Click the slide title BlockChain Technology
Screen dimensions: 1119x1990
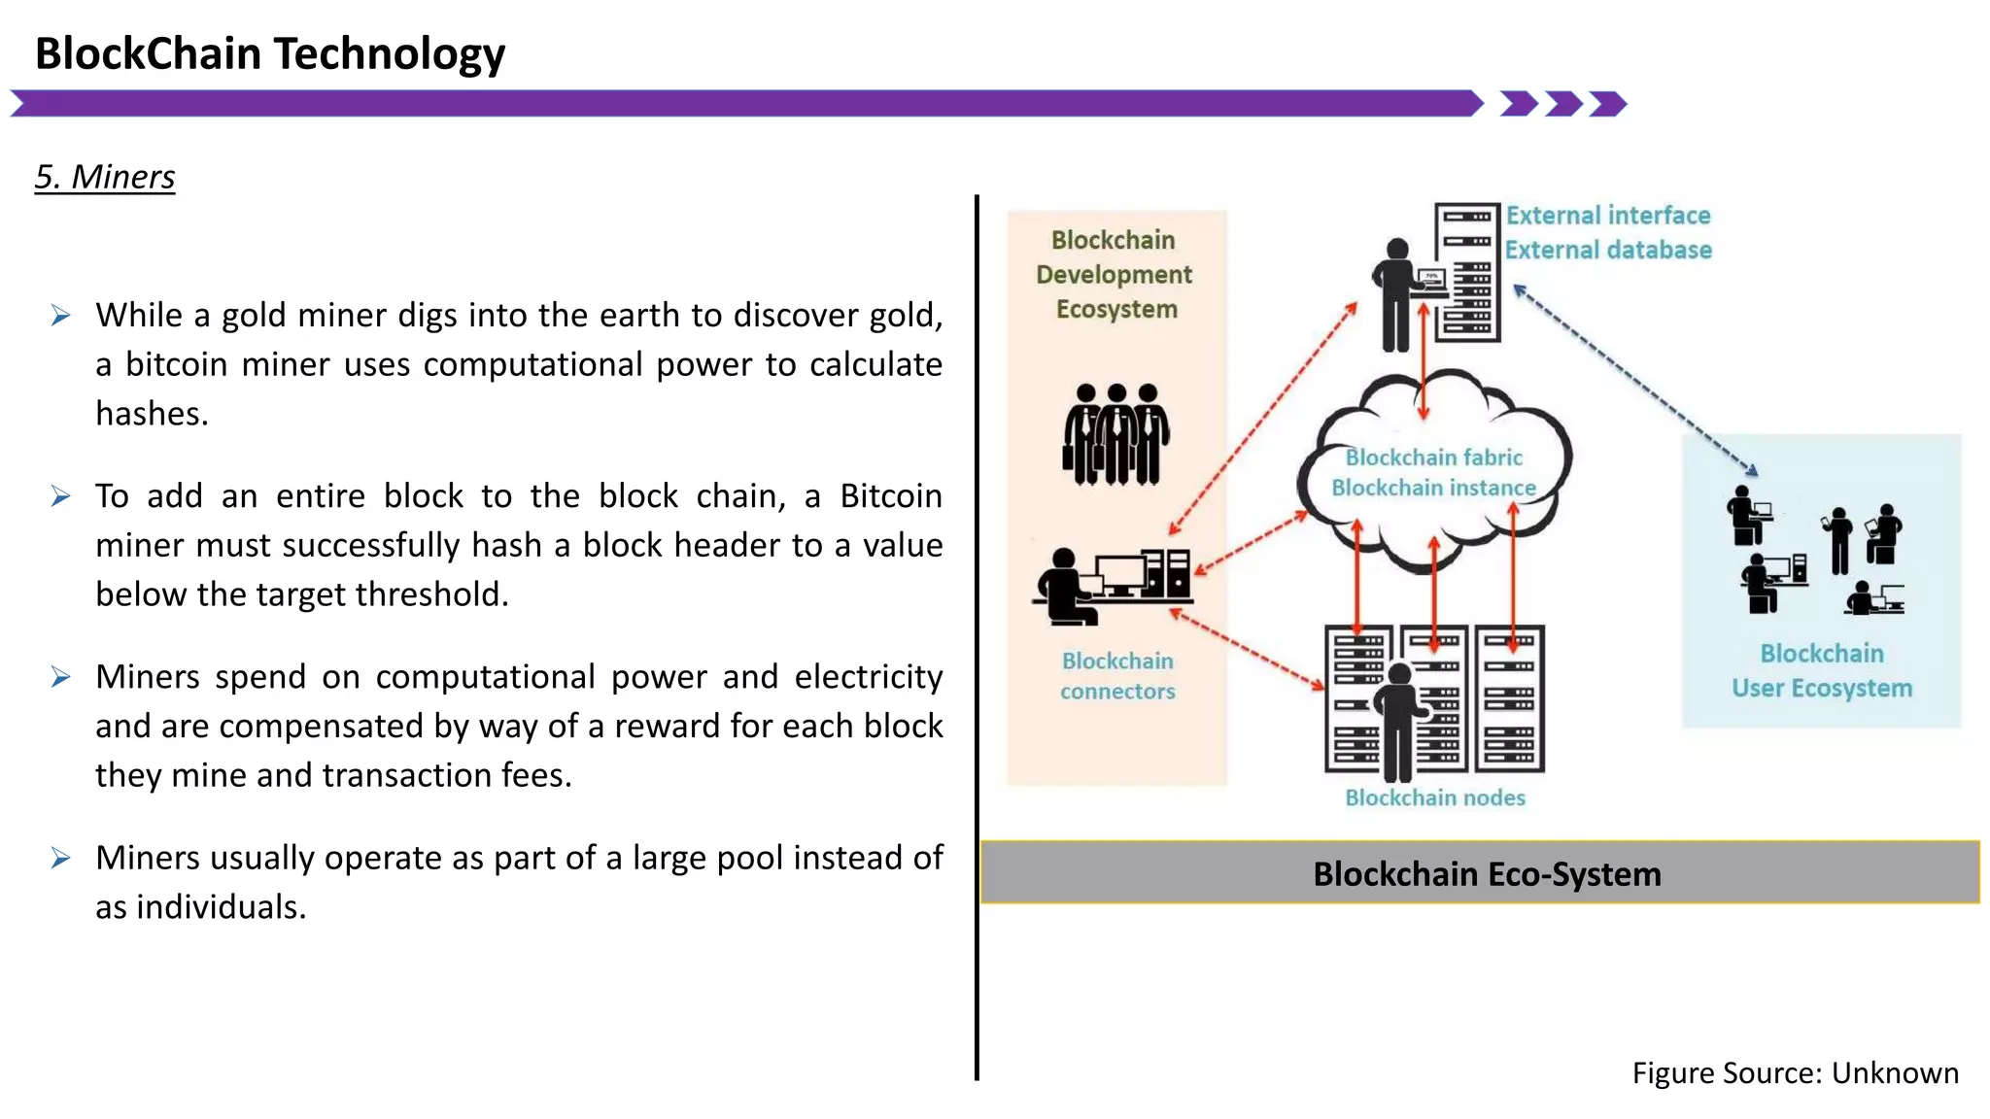coord(269,53)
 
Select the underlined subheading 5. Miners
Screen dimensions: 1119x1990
coord(105,177)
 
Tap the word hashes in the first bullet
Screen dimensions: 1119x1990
coord(152,414)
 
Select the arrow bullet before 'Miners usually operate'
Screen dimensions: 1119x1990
coord(60,858)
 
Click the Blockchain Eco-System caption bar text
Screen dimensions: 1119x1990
coord(1486,874)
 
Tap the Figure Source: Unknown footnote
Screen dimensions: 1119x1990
coord(1794,1072)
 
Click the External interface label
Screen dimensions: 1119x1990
coord(1607,216)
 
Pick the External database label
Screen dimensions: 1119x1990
coord(1607,251)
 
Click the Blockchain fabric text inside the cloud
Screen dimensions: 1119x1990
coord(1433,458)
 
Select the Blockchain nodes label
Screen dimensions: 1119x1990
coord(1434,797)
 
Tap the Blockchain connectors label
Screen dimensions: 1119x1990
coord(1117,676)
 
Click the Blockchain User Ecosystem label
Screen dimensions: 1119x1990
coord(1821,670)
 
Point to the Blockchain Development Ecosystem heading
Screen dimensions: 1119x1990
coord(1115,275)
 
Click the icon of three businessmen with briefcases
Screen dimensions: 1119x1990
coord(1115,434)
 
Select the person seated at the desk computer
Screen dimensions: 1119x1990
coord(1067,587)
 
